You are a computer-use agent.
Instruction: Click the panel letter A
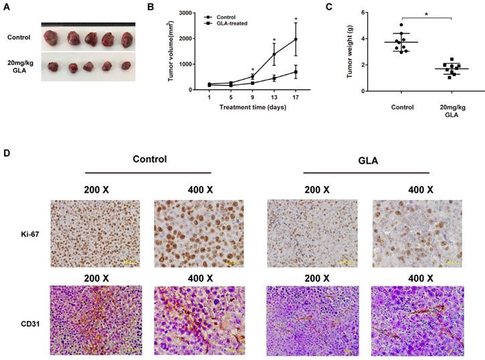click(7, 7)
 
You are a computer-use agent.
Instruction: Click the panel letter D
click(7, 153)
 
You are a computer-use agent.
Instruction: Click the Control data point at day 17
click(296, 39)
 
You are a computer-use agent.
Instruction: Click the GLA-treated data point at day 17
click(296, 72)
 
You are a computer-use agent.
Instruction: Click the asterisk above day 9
click(252, 70)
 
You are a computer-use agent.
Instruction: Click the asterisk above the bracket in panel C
click(426, 13)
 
